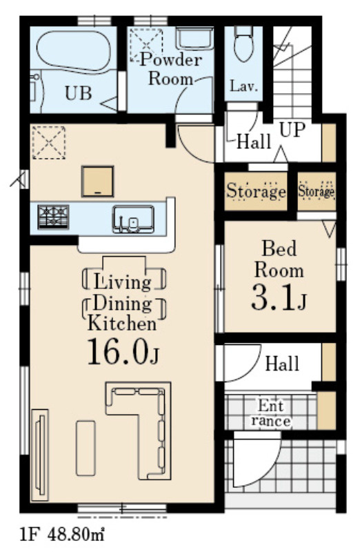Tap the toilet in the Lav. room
[x=243, y=43]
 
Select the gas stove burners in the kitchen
[x=53, y=217]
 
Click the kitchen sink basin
[x=133, y=219]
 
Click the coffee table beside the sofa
[x=86, y=448]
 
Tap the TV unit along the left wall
[x=40, y=455]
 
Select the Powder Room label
[x=171, y=69]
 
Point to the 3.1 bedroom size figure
[x=278, y=299]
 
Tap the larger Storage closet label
[x=256, y=191]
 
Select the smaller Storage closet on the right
[x=317, y=191]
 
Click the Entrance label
[x=270, y=413]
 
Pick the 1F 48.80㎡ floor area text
[x=62, y=535]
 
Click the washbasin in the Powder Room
[x=194, y=39]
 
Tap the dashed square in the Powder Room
[x=146, y=45]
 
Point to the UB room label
[x=78, y=93]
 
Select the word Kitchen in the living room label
[x=122, y=323]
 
